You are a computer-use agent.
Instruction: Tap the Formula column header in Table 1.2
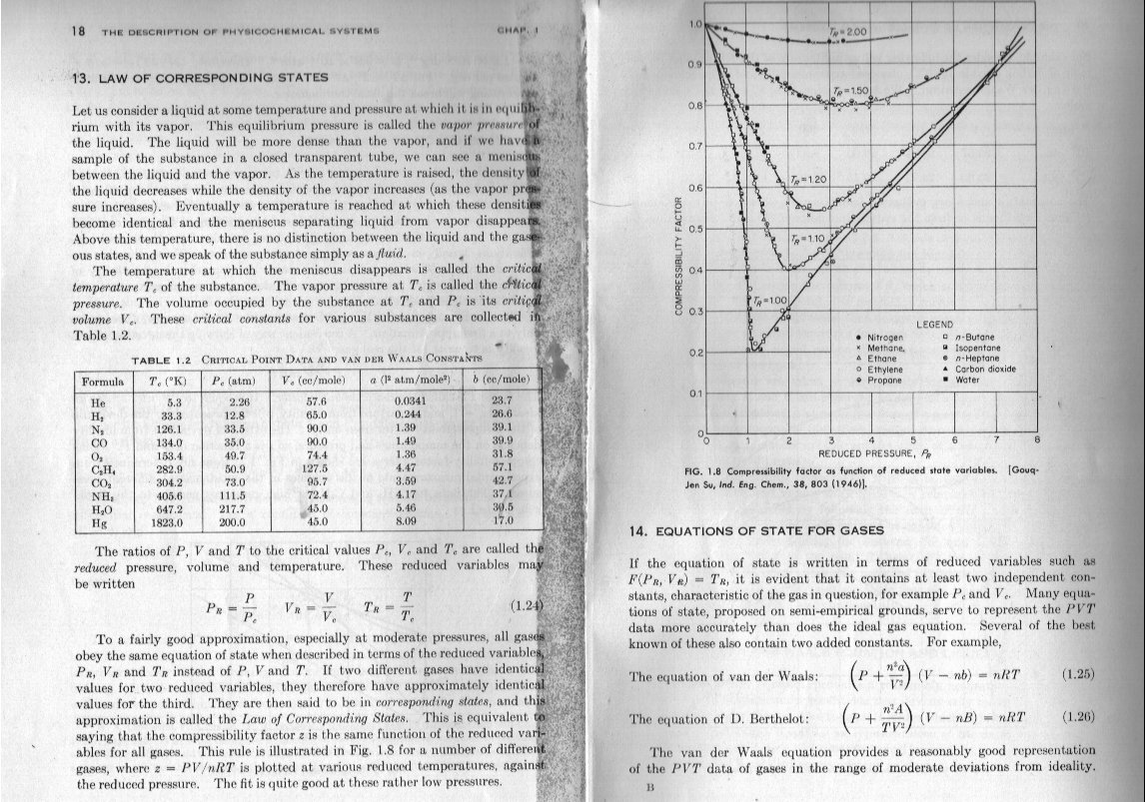pyautogui.click(x=101, y=381)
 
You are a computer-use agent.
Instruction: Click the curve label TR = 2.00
pyautogui.click(x=851, y=33)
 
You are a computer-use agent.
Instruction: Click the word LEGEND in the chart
pyautogui.click(x=934, y=325)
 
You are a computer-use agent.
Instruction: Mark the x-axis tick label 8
pyautogui.click(x=1038, y=439)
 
